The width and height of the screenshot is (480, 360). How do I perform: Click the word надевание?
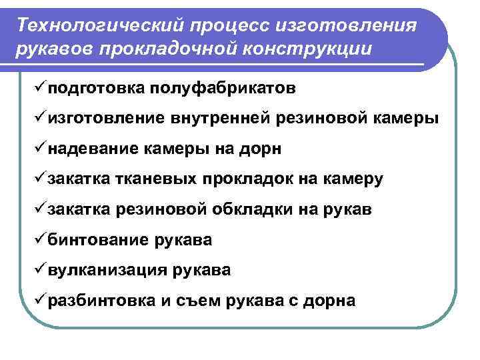point(92,149)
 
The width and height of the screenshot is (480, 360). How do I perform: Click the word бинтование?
point(97,241)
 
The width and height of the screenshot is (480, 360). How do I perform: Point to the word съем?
point(200,301)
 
